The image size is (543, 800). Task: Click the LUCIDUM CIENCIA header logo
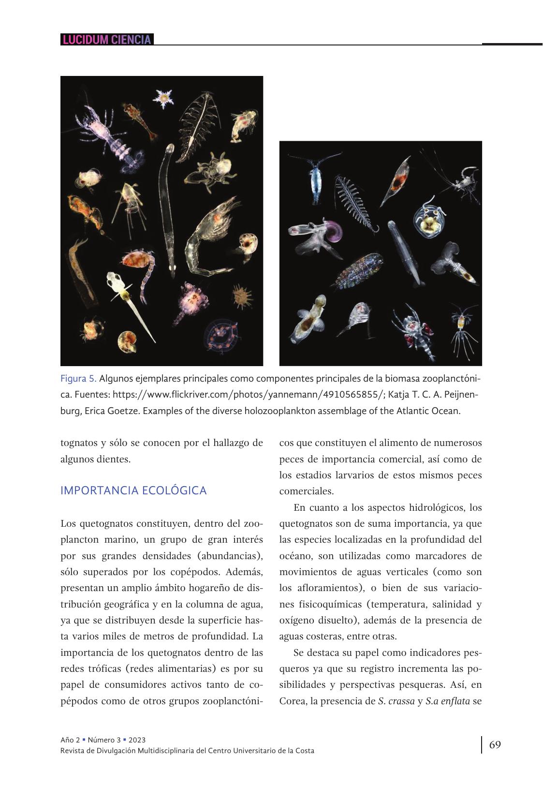pos(107,40)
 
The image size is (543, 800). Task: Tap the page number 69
pos(495,744)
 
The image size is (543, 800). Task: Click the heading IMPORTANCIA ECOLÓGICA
pos(133,490)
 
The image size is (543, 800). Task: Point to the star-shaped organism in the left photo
pos(163,98)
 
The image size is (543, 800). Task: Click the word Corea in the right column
pos(292,701)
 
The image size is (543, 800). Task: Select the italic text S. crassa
pos(396,701)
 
